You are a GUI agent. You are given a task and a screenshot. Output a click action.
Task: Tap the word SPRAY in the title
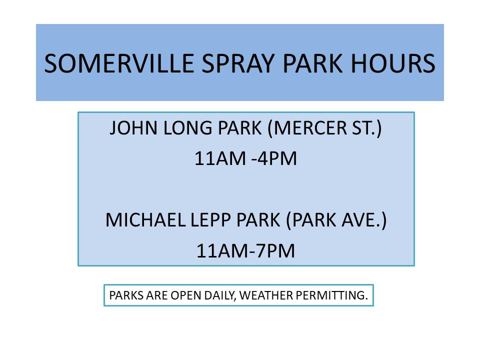point(232,63)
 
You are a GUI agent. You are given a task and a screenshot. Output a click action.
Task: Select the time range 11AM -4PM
point(245,159)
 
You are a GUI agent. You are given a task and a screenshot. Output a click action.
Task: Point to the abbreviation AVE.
point(366,220)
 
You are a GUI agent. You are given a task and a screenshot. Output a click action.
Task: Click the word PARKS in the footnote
point(125,295)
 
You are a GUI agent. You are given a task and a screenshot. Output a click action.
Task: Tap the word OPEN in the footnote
point(186,295)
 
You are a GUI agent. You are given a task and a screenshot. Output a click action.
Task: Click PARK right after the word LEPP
point(255,220)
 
